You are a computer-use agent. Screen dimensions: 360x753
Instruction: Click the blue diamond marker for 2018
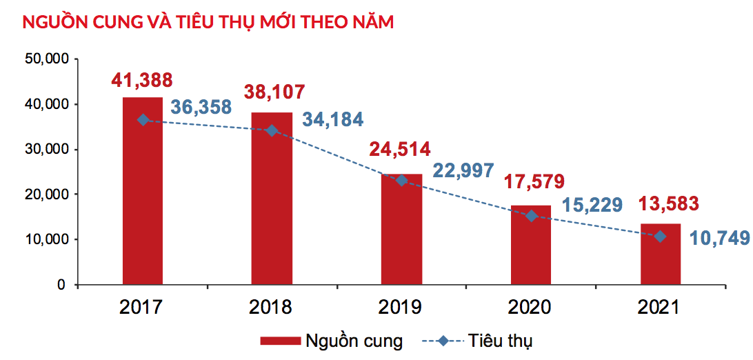coord(272,130)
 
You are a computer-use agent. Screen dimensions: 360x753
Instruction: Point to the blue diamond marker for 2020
coord(531,216)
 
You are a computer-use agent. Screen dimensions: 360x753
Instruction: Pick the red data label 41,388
coord(142,80)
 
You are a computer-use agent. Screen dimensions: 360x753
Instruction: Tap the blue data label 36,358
coord(201,108)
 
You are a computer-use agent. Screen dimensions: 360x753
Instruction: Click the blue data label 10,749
coord(721,239)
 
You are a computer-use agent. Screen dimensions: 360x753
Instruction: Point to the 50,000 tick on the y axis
coord(46,59)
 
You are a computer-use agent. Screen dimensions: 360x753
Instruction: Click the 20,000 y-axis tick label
coord(46,194)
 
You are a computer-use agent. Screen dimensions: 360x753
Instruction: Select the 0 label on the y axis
coord(61,285)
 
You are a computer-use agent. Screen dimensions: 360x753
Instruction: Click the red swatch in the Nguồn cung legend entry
coord(279,341)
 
